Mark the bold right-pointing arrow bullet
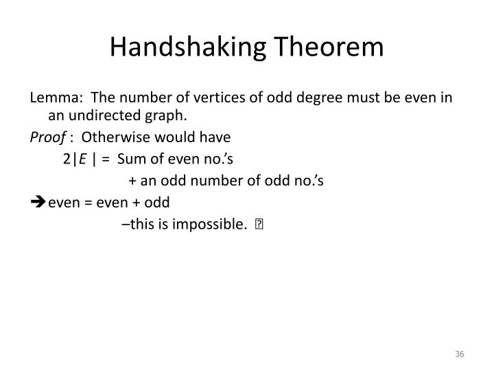[x=37, y=203]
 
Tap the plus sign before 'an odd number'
[x=132, y=181]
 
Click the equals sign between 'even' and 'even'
[x=89, y=203]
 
